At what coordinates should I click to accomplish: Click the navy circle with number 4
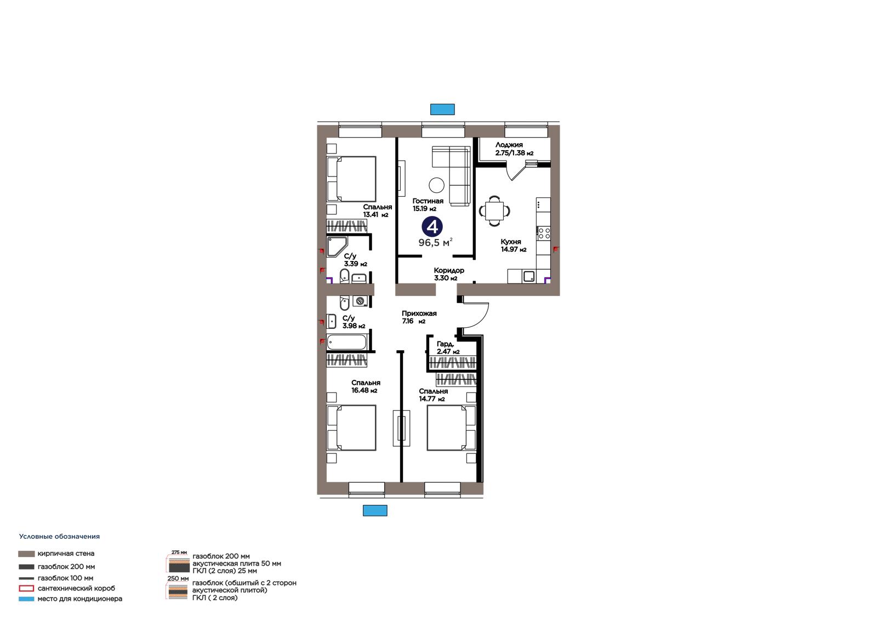pos(432,227)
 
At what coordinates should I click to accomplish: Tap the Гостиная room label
pos(428,201)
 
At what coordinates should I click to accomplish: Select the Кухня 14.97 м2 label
pos(513,246)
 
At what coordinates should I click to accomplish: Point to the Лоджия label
pos(509,145)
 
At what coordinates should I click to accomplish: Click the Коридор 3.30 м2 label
pos(449,274)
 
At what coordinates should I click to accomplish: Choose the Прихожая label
pos(419,314)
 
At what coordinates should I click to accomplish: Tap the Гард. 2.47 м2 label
pos(448,348)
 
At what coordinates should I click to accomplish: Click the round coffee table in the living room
pos(436,185)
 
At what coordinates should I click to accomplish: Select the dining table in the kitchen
pos(494,211)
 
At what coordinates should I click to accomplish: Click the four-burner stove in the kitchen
pos(543,234)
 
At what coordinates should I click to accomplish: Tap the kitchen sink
pos(528,276)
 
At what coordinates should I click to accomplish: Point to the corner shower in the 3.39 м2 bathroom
pos(337,246)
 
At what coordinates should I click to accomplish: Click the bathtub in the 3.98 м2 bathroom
pos(346,342)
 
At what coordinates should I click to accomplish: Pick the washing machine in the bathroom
pos(360,301)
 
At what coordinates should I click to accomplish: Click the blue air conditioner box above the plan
pos(442,109)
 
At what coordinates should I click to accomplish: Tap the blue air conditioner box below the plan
pos(375,510)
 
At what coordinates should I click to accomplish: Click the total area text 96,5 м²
pos(435,242)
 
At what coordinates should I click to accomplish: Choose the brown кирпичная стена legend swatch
pos(26,554)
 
